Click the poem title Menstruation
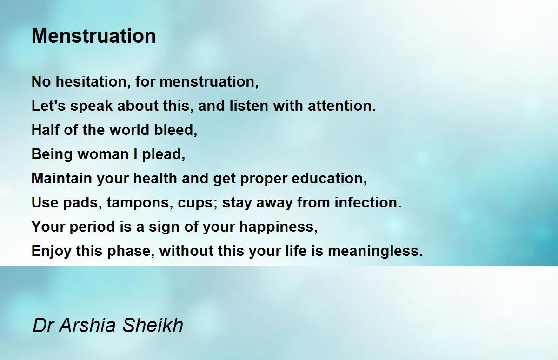[x=93, y=36]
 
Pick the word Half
[x=46, y=130]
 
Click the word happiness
[x=279, y=227]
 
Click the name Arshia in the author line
[x=87, y=326]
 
